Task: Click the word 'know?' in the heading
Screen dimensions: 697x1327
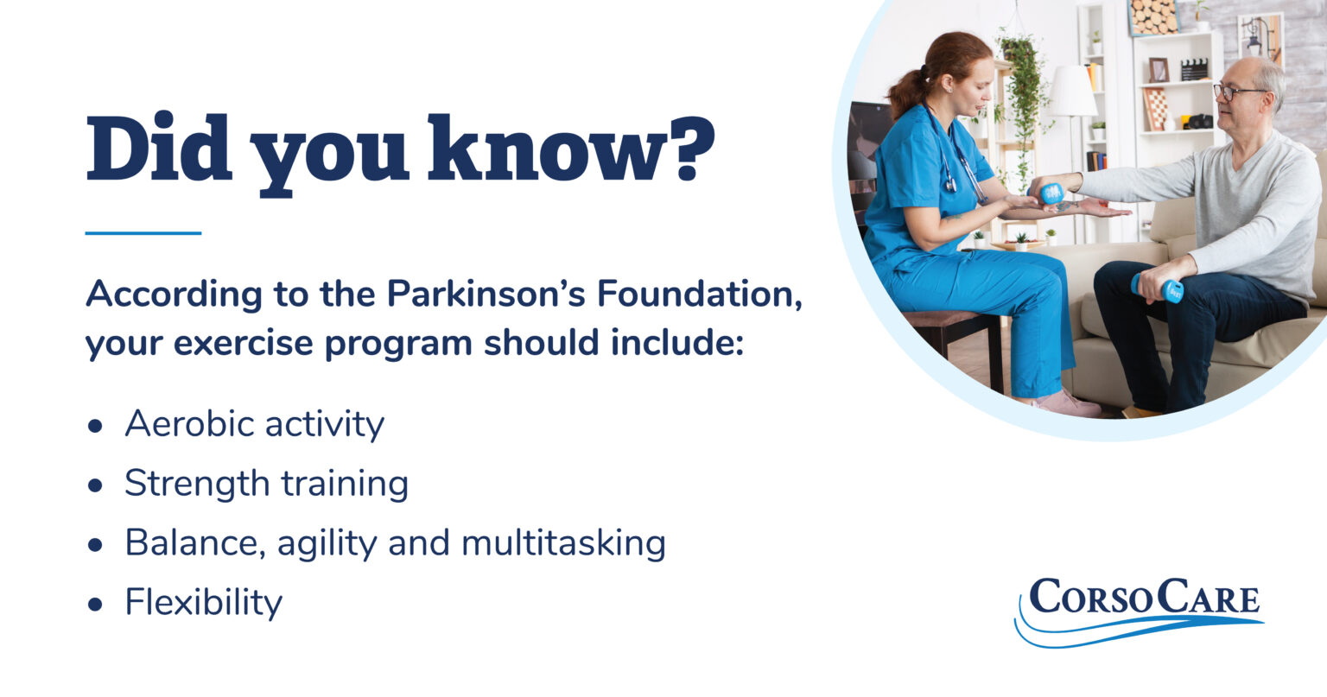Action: coord(571,148)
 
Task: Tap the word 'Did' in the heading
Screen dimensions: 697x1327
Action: coord(160,148)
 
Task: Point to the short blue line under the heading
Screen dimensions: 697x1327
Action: coord(143,233)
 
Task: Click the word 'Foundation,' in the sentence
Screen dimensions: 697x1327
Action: coord(699,295)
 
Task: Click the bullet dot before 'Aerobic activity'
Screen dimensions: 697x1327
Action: coord(95,427)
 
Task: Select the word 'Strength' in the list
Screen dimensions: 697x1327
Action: coord(197,484)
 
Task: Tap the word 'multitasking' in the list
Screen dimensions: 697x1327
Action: coord(563,543)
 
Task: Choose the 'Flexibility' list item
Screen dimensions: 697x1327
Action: coord(203,602)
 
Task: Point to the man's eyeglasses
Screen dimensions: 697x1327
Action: coord(1235,91)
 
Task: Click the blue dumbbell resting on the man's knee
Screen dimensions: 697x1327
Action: coord(1159,288)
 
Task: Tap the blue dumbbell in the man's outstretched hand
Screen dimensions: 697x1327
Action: coord(1051,193)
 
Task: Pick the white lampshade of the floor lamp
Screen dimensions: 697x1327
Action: coord(1072,91)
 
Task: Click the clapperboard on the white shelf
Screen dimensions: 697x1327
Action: coord(1194,69)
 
